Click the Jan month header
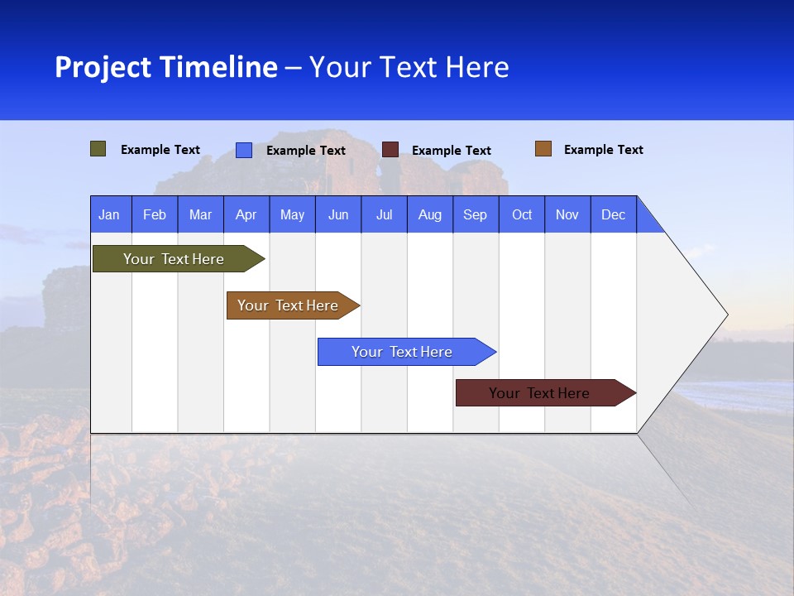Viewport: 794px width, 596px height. click(109, 214)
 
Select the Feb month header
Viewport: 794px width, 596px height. click(155, 214)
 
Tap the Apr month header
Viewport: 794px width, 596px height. click(246, 214)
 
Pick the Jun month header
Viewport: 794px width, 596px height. click(338, 214)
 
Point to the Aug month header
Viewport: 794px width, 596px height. click(429, 214)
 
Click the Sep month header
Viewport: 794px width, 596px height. click(475, 214)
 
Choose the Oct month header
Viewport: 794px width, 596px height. click(522, 214)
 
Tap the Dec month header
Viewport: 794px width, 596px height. click(613, 214)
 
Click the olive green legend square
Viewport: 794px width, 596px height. click(98, 149)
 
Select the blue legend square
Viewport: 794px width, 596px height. click(244, 150)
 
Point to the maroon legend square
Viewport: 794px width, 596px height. click(390, 150)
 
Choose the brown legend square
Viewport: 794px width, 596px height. click(543, 149)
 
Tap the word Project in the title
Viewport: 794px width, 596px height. click(103, 67)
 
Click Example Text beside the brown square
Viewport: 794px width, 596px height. click(603, 150)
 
